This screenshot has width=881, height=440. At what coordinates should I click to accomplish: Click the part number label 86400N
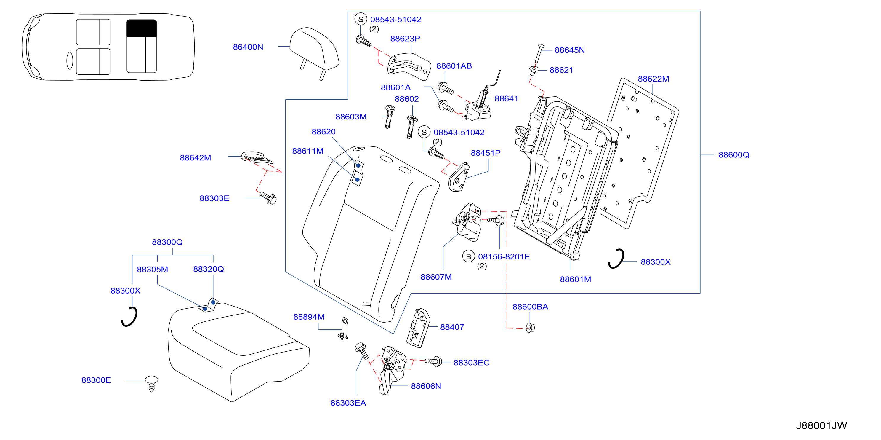[x=248, y=47]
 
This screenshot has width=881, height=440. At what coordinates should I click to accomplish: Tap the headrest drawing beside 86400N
[x=314, y=51]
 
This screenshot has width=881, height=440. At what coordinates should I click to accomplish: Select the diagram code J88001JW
[x=821, y=425]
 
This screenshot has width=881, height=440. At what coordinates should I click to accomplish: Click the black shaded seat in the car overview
[x=142, y=28]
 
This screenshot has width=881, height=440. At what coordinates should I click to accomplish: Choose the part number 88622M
[x=653, y=79]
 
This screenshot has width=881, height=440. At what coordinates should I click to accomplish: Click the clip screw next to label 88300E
[x=151, y=383]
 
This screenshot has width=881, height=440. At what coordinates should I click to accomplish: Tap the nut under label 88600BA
[x=530, y=328]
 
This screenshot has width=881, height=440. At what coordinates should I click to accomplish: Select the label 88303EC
[x=471, y=363]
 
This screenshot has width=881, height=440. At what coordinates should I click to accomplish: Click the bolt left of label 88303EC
[x=433, y=361]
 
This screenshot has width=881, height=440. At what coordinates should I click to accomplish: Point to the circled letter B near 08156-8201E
[x=469, y=256]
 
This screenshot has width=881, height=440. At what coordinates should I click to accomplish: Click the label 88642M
[x=195, y=158]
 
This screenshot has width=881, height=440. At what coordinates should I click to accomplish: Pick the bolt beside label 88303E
[x=268, y=197]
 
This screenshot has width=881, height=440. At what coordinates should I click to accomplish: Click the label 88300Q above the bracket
[x=167, y=242]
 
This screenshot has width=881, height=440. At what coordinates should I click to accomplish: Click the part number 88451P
[x=486, y=153]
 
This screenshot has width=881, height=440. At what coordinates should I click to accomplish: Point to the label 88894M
[x=309, y=317]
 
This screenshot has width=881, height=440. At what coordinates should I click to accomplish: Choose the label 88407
[x=452, y=327]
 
